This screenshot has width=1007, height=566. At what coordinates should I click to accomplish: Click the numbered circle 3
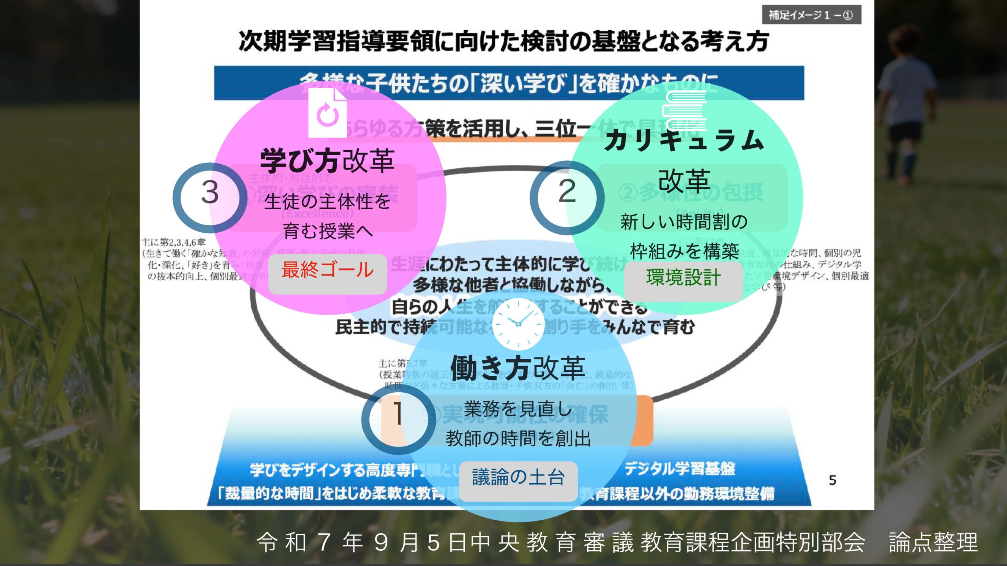click(210, 197)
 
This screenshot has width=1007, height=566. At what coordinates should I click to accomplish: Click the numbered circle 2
click(567, 197)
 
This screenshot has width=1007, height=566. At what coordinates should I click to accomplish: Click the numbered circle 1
click(398, 419)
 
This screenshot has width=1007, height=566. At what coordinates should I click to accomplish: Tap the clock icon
click(518, 323)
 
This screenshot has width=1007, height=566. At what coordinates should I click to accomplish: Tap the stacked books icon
click(685, 110)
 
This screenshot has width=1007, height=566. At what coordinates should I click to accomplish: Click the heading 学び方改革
click(327, 161)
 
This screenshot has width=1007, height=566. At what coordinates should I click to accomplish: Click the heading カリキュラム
click(684, 141)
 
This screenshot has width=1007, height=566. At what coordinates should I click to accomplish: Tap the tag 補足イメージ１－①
click(811, 15)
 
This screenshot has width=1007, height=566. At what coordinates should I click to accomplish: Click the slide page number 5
click(832, 480)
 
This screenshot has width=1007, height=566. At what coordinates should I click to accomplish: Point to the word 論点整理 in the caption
click(933, 542)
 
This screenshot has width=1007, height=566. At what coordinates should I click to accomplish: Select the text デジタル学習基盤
click(679, 469)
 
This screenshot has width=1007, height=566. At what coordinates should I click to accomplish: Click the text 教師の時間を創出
click(518, 438)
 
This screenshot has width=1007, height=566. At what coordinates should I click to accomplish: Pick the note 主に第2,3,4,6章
click(174, 242)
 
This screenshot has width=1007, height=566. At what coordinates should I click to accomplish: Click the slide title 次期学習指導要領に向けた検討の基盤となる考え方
click(504, 41)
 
